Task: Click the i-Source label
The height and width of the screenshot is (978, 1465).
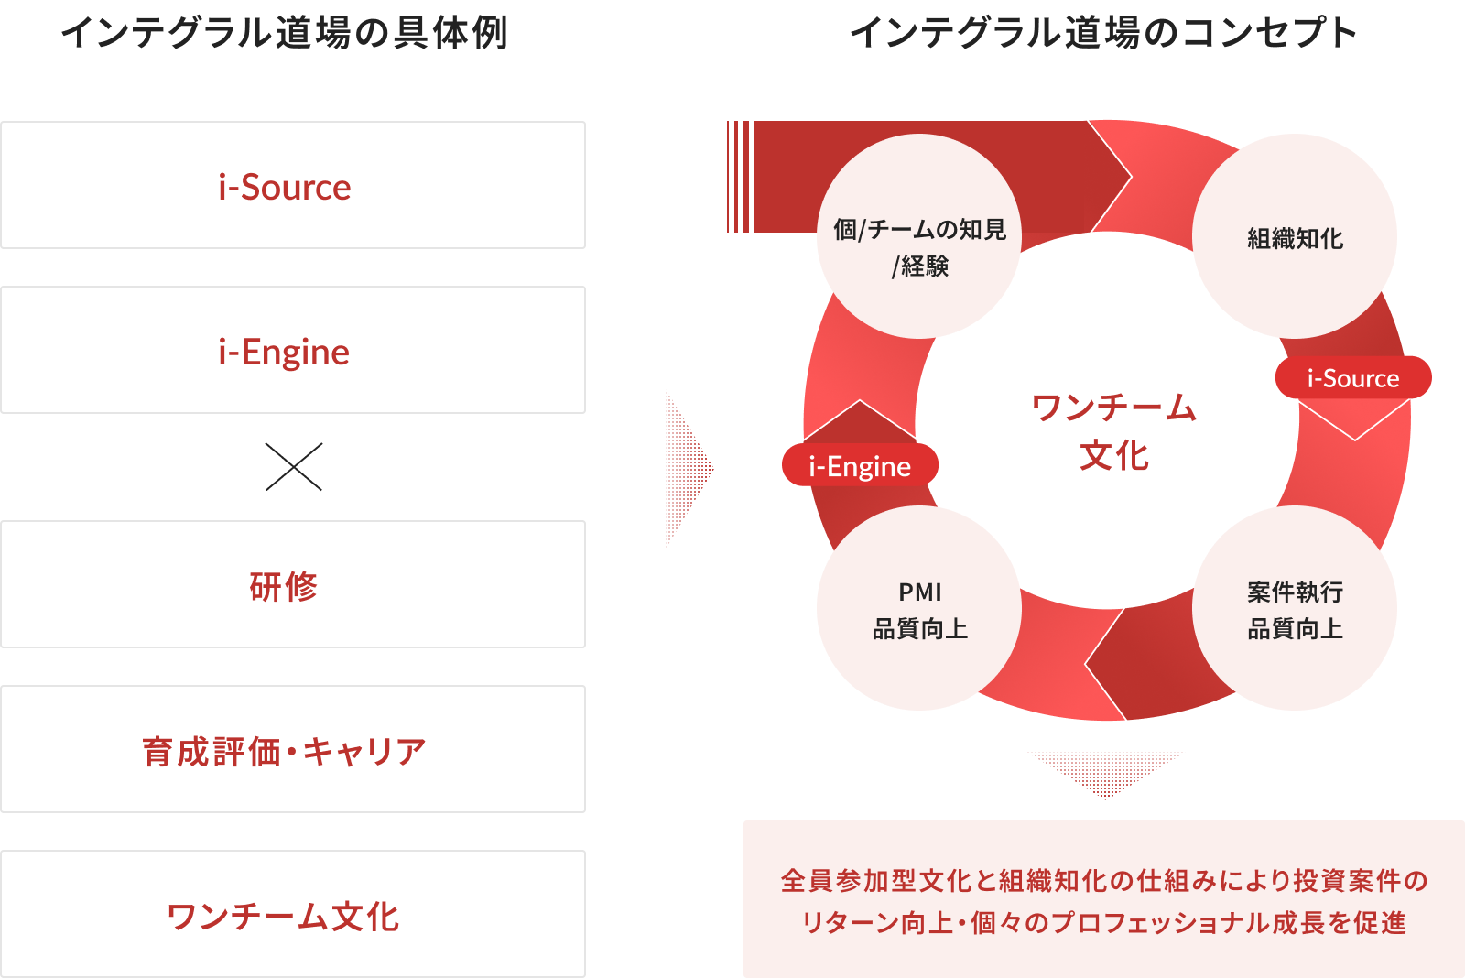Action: [1352, 379]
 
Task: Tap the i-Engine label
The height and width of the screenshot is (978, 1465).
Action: [859, 467]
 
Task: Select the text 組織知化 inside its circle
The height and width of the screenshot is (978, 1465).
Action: [1295, 239]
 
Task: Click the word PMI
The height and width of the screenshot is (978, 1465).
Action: [919, 592]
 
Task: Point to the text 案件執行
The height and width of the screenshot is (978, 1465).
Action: [1295, 592]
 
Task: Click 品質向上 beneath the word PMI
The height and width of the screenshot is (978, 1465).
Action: [919, 629]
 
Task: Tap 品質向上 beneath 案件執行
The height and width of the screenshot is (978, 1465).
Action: [1295, 629]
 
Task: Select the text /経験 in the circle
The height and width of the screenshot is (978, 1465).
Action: [919, 266]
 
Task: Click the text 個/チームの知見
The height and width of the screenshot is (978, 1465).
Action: [919, 229]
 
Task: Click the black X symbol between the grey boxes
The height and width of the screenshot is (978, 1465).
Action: [293, 470]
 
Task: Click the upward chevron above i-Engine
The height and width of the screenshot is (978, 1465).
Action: [859, 419]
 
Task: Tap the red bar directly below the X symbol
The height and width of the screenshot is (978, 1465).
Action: [403, 592]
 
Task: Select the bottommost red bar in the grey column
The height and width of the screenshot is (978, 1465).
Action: [375, 919]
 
